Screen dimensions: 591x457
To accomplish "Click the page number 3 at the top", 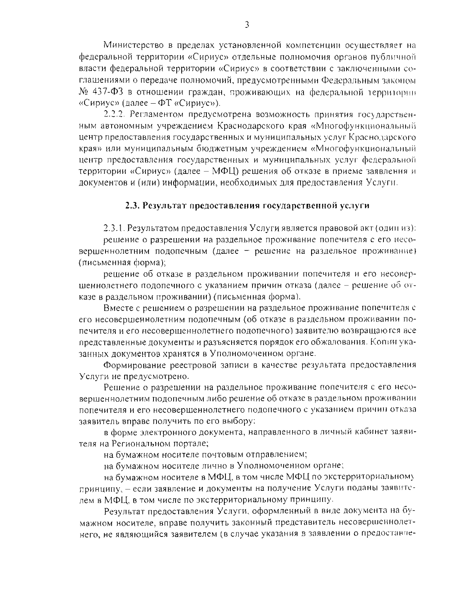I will pyautogui.click(x=247, y=25).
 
